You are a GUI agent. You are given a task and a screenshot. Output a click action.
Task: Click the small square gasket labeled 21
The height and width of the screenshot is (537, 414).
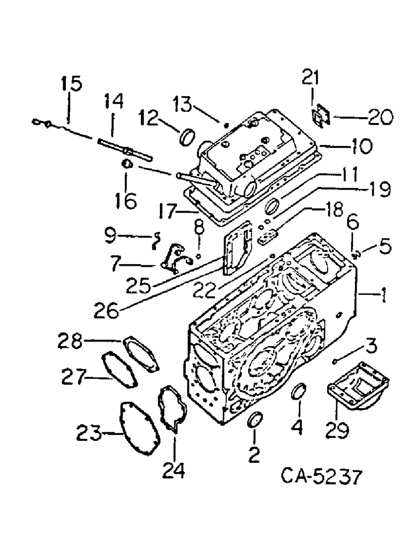point(320,117)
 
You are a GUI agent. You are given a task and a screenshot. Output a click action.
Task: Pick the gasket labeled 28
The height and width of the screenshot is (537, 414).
point(141,353)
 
